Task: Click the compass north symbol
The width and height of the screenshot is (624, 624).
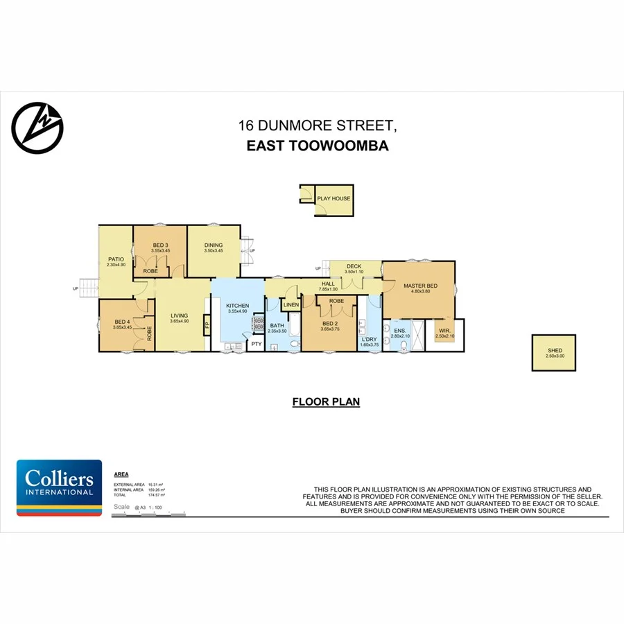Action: tap(37, 127)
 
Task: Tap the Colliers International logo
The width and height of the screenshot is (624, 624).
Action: tap(59, 487)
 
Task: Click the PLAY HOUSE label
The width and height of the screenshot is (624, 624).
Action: tap(333, 199)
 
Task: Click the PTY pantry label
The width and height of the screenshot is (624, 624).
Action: tap(257, 344)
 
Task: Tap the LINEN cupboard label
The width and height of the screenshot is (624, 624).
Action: tap(291, 305)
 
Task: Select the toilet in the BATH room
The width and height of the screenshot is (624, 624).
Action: tap(293, 343)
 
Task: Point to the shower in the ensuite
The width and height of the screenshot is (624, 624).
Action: tap(417, 336)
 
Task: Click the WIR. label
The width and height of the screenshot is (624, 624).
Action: tap(444, 331)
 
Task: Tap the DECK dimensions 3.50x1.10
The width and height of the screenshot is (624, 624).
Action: tap(354, 272)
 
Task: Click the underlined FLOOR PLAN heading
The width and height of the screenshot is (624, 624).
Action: tap(326, 401)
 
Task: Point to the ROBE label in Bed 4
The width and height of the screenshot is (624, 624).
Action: tap(149, 333)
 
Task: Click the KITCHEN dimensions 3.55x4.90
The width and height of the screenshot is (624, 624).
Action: tap(237, 311)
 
